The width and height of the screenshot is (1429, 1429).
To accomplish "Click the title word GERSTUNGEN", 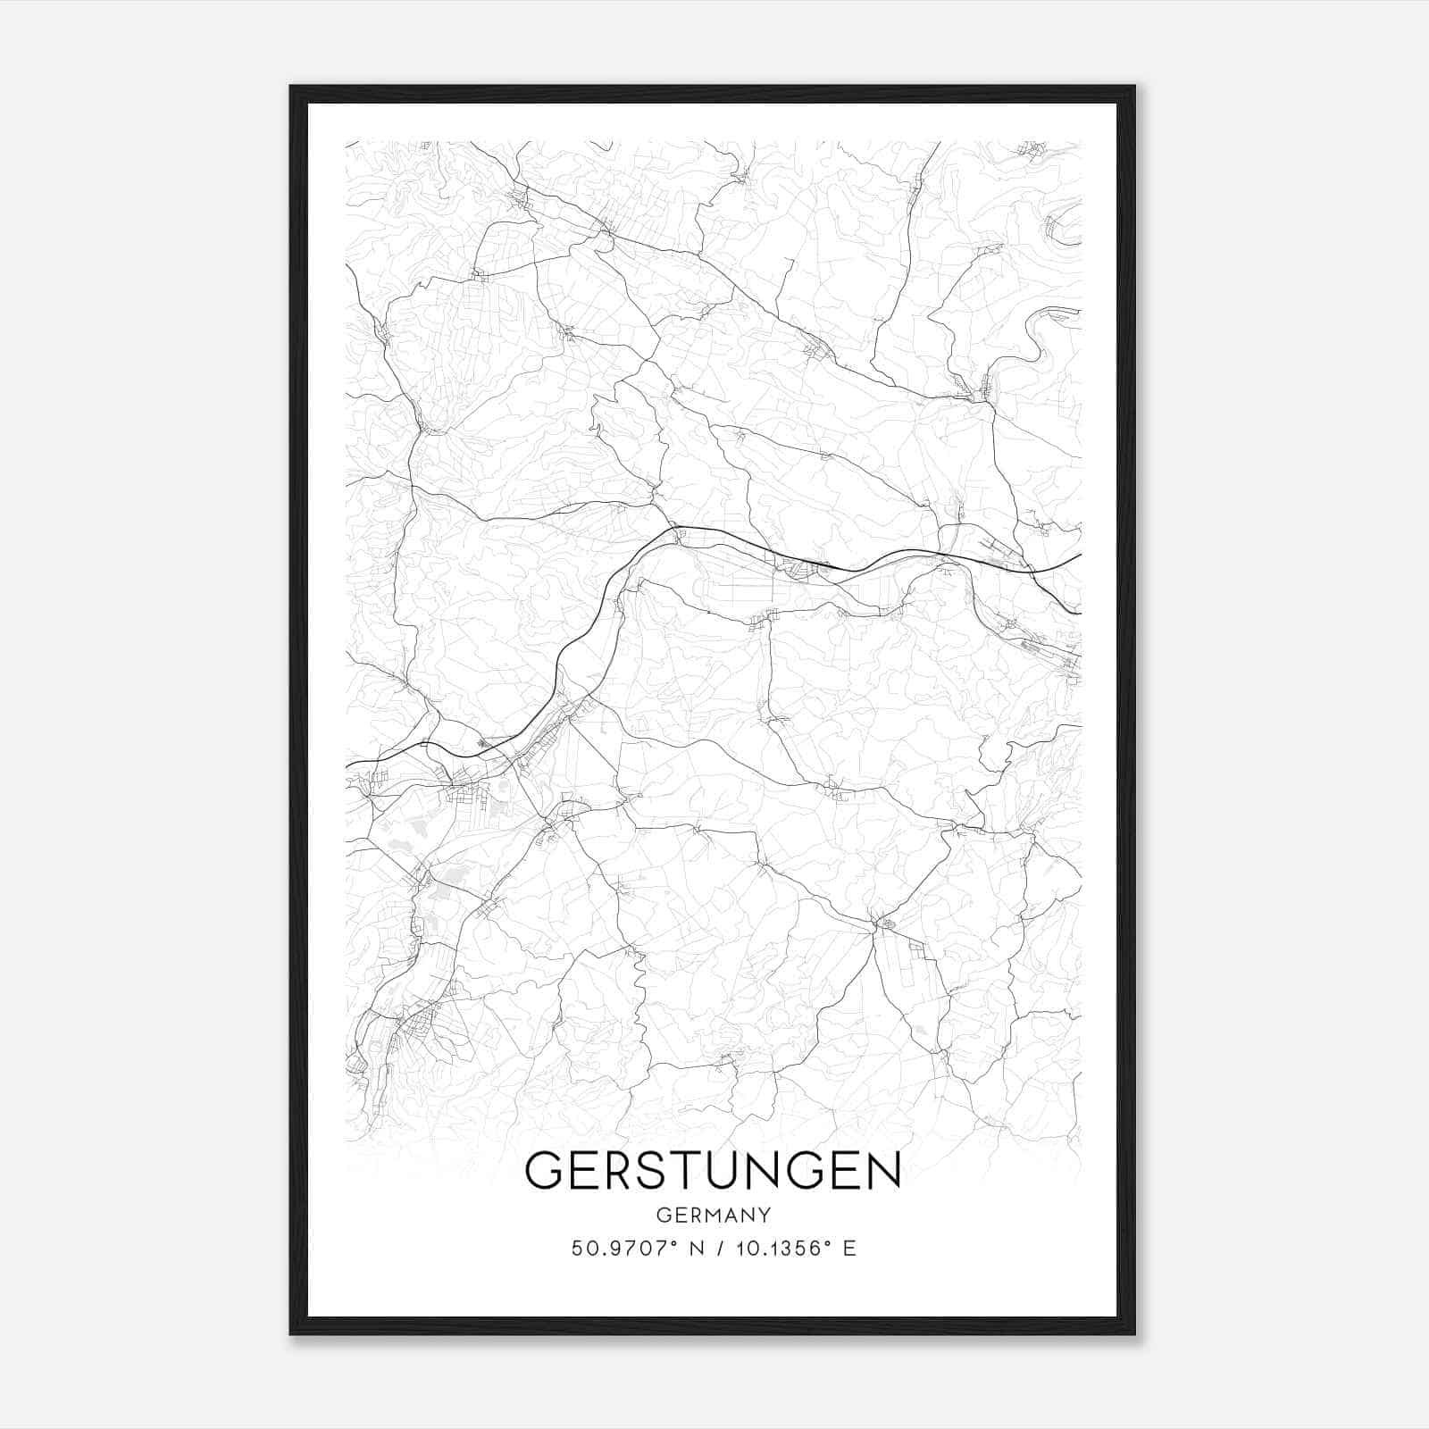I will (x=713, y=1169).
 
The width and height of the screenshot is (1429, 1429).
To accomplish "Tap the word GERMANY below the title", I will (x=713, y=1215).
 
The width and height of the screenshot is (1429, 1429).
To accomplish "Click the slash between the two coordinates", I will (x=720, y=1249).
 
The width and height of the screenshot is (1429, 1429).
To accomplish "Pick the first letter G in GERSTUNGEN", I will (x=544, y=1170).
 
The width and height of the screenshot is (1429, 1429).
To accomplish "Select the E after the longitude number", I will (x=849, y=1249).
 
